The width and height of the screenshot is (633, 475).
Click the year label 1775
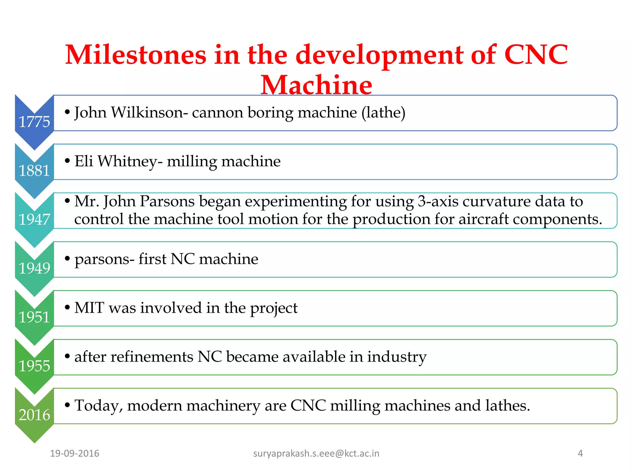(x=34, y=122)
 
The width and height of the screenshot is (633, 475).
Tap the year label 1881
(x=34, y=171)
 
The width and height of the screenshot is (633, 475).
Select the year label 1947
(x=34, y=220)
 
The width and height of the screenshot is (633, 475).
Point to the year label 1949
(x=34, y=268)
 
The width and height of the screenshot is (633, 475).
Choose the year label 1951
(x=34, y=317)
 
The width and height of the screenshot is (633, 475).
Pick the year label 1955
(x=34, y=366)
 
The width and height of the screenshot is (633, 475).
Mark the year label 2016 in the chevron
(x=34, y=415)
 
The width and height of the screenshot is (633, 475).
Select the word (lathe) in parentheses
(x=383, y=113)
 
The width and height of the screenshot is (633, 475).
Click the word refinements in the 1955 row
(x=152, y=357)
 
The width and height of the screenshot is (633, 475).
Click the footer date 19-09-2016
(x=74, y=453)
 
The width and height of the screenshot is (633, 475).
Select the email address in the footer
(x=316, y=453)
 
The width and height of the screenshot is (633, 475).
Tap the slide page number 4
(x=580, y=453)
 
